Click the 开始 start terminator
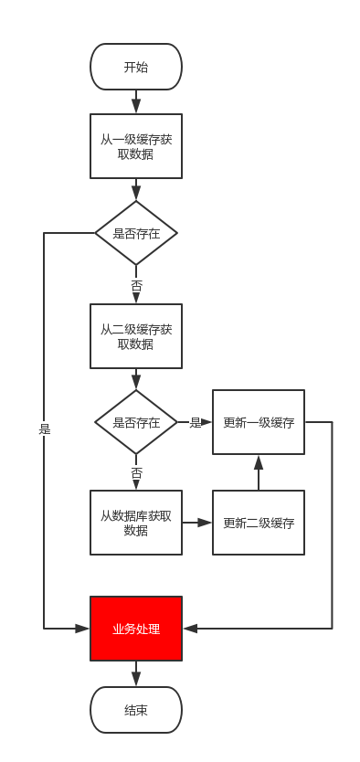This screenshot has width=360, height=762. (x=136, y=67)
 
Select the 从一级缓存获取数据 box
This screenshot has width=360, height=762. (x=136, y=146)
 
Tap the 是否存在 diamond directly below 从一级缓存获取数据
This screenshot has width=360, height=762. (x=136, y=233)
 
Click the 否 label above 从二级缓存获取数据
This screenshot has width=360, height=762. (x=136, y=286)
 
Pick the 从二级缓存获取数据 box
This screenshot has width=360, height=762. (x=136, y=336)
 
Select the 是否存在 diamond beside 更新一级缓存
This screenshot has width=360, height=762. (x=136, y=422)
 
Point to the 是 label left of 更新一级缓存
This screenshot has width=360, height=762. (x=195, y=422)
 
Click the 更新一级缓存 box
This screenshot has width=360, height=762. (x=259, y=422)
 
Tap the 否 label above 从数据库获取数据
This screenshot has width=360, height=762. (x=136, y=472)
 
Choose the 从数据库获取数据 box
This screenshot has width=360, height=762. (x=136, y=523)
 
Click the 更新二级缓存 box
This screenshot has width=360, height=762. (x=259, y=523)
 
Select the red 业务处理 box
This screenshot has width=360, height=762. (x=136, y=629)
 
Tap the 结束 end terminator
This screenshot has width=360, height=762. (x=136, y=710)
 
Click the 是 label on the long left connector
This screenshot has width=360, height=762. (x=44, y=428)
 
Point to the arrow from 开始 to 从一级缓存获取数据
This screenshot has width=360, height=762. (x=136, y=101)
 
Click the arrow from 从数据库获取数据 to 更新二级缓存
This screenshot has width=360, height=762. (x=197, y=523)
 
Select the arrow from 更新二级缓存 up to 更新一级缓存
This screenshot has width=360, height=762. (x=259, y=472)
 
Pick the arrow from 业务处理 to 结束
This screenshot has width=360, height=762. (x=136, y=673)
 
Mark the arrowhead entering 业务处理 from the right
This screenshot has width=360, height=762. (x=189, y=629)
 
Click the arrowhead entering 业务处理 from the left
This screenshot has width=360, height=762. (x=83, y=629)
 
